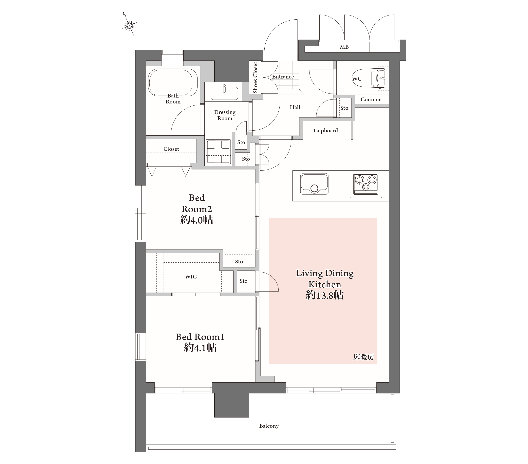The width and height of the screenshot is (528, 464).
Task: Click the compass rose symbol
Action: (x=129, y=25)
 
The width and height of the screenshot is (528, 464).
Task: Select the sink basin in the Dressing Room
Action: (x=224, y=93)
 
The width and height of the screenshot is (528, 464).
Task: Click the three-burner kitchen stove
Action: (x=366, y=184)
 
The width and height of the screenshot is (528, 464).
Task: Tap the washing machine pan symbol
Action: (x=218, y=152)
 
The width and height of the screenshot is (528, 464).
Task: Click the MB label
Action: (x=344, y=47)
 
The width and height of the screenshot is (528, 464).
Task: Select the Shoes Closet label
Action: (x=255, y=77)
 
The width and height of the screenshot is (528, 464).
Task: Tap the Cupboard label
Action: (x=326, y=131)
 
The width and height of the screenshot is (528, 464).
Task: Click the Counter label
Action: (x=371, y=99)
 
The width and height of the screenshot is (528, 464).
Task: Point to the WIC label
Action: (x=191, y=277)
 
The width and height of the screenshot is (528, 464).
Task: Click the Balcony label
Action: (x=269, y=426)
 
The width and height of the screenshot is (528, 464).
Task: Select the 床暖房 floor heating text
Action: (x=364, y=357)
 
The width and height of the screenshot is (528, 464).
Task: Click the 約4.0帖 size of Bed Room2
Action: (x=197, y=220)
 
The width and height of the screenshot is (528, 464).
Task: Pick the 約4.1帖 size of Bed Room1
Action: (x=200, y=347)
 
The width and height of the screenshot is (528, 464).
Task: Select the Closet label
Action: (x=171, y=149)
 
